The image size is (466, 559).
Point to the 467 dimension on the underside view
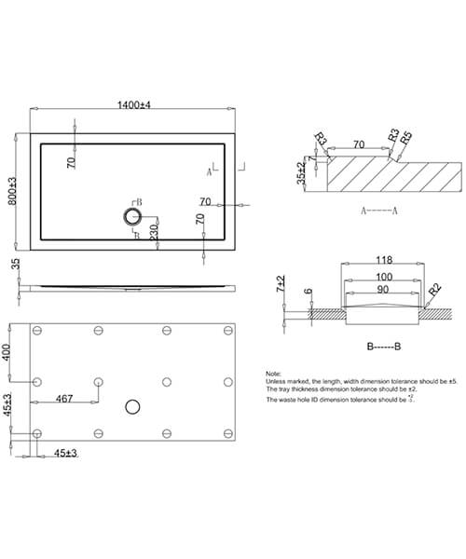pyautogui.click(x=63, y=398)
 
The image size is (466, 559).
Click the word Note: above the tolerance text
pyautogui.click(x=274, y=373)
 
